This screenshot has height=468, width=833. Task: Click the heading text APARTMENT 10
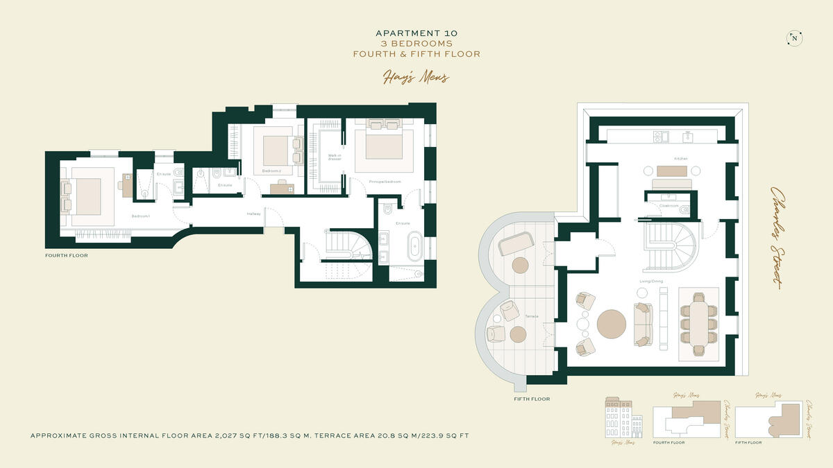click(416, 33)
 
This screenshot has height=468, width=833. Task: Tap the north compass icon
click(793, 39)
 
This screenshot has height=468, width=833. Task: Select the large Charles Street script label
click(776, 236)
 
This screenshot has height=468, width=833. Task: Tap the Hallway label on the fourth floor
click(253, 214)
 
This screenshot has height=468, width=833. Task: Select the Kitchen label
click(680, 159)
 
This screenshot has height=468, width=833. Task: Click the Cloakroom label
click(668, 205)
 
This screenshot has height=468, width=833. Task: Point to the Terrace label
click(532, 316)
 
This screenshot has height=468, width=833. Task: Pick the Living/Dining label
click(651, 281)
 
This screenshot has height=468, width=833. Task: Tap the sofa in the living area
click(643, 324)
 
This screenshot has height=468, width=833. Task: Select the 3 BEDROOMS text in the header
click(416, 43)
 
